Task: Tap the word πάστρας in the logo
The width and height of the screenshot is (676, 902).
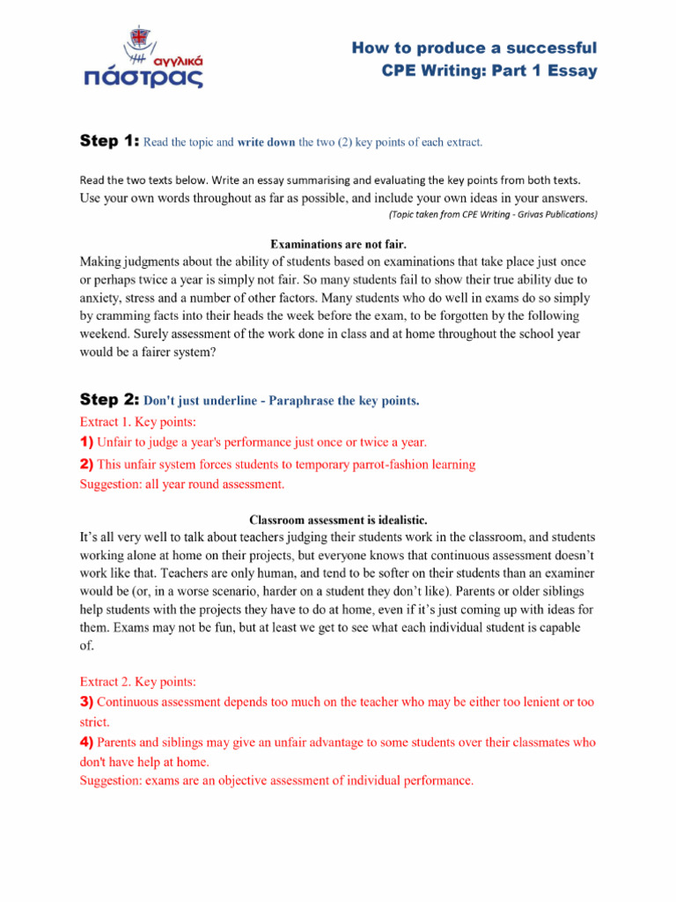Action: tap(144, 78)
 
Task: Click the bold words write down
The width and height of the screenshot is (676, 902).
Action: tap(267, 142)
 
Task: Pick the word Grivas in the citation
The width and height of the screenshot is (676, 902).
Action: tap(515, 214)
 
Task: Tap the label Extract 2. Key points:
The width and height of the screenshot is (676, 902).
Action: tap(137, 682)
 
